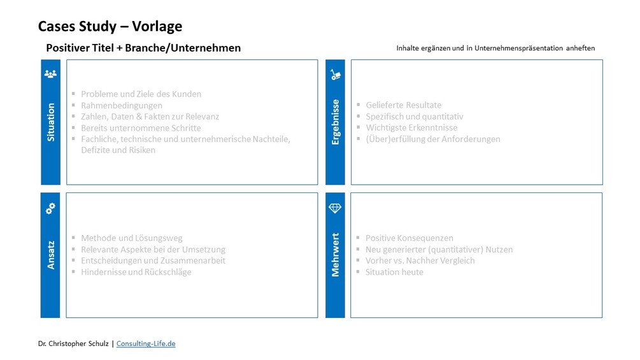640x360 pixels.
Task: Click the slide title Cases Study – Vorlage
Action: click(x=110, y=26)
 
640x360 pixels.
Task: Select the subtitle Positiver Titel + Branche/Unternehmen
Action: click(x=143, y=48)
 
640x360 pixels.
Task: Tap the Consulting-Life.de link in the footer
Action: click(x=146, y=343)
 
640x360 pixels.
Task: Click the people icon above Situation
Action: click(x=50, y=74)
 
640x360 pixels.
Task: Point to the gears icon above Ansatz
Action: click(x=50, y=208)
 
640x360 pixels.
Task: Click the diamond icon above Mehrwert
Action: click(x=335, y=208)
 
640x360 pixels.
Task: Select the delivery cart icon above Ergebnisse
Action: click(x=335, y=75)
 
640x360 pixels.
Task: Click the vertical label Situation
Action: click(x=51, y=122)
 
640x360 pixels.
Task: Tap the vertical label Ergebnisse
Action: click(x=336, y=122)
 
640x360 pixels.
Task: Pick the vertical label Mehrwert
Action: click(x=336, y=255)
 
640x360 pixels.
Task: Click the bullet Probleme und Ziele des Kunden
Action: click(x=141, y=94)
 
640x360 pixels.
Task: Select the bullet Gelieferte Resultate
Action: click(x=403, y=105)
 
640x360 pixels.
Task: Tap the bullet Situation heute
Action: click(x=394, y=272)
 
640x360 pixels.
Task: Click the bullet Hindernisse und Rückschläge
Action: click(x=136, y=272)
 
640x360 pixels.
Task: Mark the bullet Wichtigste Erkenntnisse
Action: click(x=411, y=127)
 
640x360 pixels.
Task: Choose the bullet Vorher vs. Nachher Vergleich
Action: click(x=420, y=261)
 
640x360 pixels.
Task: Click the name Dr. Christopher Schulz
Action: click(x=74, y=343)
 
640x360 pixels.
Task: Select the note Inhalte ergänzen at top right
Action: click(x=495, y=48)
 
